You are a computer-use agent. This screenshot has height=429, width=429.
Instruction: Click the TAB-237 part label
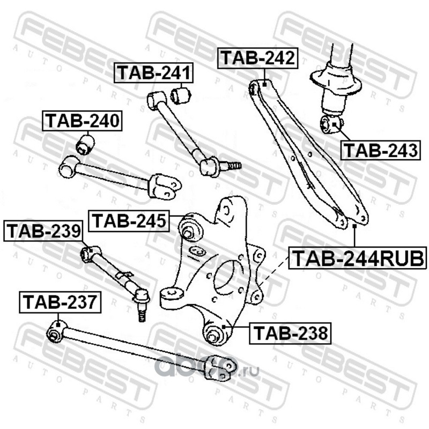click(60, 302)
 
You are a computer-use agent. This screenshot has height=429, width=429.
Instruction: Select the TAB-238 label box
click(290, 333)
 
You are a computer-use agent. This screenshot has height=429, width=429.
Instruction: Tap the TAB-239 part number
click(44, 231)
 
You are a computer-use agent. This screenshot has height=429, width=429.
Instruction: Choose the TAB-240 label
click(82, 121)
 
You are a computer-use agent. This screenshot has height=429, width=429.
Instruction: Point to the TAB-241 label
click(154, 73)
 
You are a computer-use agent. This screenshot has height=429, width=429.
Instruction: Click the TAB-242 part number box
click(258, 58)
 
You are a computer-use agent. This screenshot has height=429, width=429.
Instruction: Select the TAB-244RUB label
click(358, 258)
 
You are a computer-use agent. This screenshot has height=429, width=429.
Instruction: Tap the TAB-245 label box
click(129, 221)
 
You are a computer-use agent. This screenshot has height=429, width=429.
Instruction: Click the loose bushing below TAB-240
click(85, 144)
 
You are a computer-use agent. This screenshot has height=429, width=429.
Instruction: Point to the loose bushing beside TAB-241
click(181, 95)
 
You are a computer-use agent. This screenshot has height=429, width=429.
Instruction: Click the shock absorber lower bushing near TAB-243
click(331, 125)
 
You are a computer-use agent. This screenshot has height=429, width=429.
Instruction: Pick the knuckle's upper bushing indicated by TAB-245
click(189, 231)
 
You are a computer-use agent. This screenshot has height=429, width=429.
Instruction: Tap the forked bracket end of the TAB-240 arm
click(164, 187)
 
